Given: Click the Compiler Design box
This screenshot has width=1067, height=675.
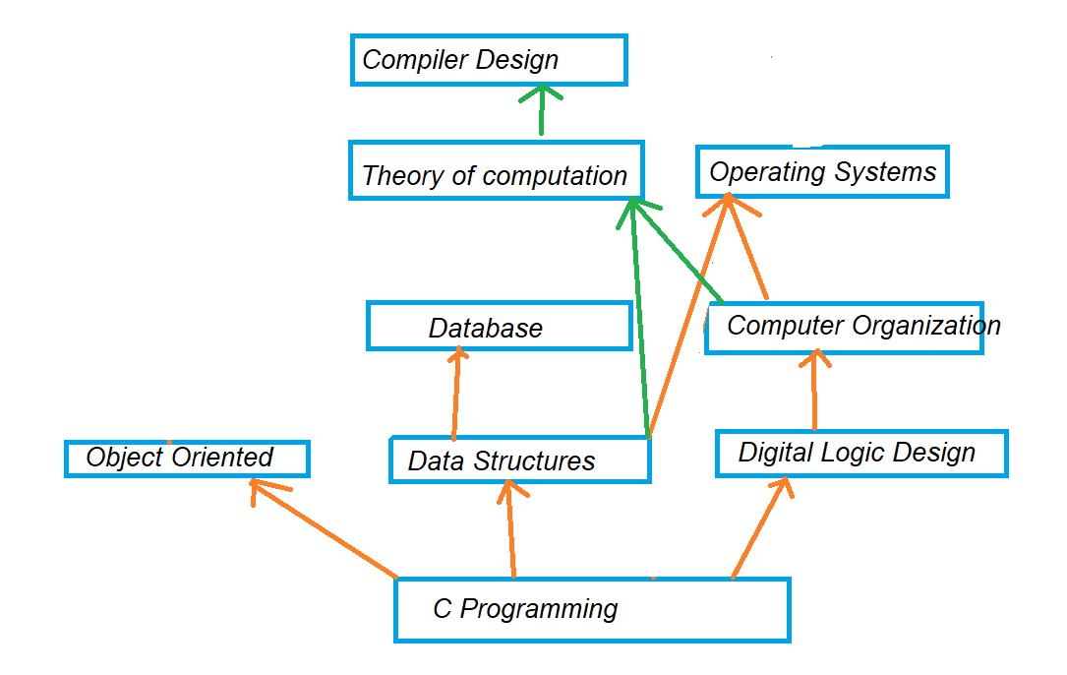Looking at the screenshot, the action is click(489, 60).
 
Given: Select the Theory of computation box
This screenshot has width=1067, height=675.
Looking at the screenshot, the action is click(496, 170).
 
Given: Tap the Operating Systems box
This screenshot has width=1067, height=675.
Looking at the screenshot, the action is click(822, 171).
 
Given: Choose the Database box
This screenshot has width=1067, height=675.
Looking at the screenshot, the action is click(500, 326).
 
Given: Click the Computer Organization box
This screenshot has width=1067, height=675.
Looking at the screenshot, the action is click(844, 328).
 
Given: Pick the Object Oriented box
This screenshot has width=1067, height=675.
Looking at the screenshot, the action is click(187, 459).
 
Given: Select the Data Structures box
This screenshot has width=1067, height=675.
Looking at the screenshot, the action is click(520, 460).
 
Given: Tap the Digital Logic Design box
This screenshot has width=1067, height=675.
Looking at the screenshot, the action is click(861, 453).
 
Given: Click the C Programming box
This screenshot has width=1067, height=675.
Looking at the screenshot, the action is click(592, 610).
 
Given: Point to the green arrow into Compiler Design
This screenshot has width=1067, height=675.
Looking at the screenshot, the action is click(542, 110).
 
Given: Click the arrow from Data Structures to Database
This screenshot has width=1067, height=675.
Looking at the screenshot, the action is click(456, 394).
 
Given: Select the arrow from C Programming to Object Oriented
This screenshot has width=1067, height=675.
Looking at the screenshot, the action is click(324, 528).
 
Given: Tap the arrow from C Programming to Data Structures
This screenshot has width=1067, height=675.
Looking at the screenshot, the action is click(510, 529).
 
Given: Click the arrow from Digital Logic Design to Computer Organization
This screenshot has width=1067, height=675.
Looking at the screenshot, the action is click(814, 391).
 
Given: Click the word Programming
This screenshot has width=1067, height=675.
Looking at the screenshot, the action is click(539, 610).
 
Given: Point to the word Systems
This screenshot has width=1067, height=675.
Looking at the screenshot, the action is click(886, 173).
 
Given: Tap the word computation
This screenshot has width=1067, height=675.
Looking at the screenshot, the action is click(555, 177).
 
